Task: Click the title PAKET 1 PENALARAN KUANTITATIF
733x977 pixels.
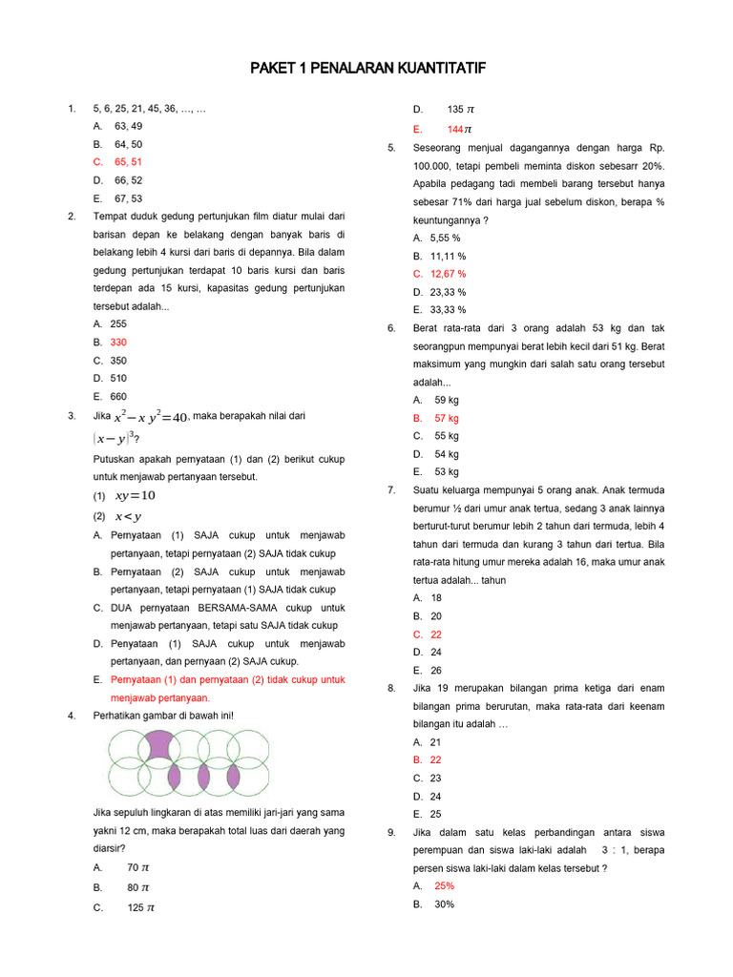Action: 367,69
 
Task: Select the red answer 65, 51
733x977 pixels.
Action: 128,162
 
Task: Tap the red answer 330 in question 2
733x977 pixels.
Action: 118,343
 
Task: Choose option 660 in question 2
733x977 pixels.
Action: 118,397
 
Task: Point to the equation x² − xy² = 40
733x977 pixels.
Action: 152,417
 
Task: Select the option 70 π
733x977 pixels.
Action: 138,868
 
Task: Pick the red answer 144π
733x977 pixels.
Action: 459,129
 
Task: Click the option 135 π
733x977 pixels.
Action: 460,110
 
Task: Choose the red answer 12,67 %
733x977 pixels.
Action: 448,274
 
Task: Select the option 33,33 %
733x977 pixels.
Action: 448,310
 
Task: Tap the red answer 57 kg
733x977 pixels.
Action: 447,419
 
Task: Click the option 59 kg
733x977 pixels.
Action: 447,401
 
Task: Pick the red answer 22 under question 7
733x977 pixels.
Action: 436,634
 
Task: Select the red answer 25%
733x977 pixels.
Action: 444,886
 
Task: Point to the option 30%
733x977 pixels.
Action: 444,904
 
